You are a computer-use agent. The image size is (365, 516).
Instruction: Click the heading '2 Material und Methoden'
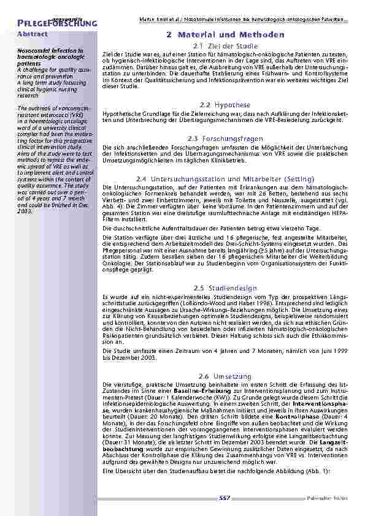[225, 35]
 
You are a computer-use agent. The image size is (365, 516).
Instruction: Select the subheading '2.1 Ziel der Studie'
[225, 46]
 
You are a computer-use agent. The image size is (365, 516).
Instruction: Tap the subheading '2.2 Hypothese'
[225, 105]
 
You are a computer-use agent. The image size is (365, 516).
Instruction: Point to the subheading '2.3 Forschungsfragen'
[225, 138]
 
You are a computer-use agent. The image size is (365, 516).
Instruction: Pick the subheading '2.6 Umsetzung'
[225, 375]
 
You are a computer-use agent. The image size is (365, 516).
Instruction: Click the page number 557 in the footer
[225, 499]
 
